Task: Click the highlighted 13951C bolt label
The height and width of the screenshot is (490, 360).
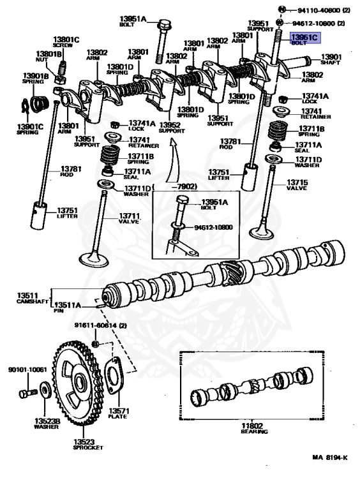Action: [304, 40]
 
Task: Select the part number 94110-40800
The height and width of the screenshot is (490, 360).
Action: [315, 11]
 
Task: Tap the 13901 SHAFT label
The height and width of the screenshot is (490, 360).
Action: [331, 59]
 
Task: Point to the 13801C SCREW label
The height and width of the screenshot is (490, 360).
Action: [66, 43]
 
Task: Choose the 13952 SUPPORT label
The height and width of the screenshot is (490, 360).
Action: [171, 128]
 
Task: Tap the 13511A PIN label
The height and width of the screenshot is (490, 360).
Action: [68, 308]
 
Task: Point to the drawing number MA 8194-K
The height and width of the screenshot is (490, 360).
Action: [329, 457]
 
